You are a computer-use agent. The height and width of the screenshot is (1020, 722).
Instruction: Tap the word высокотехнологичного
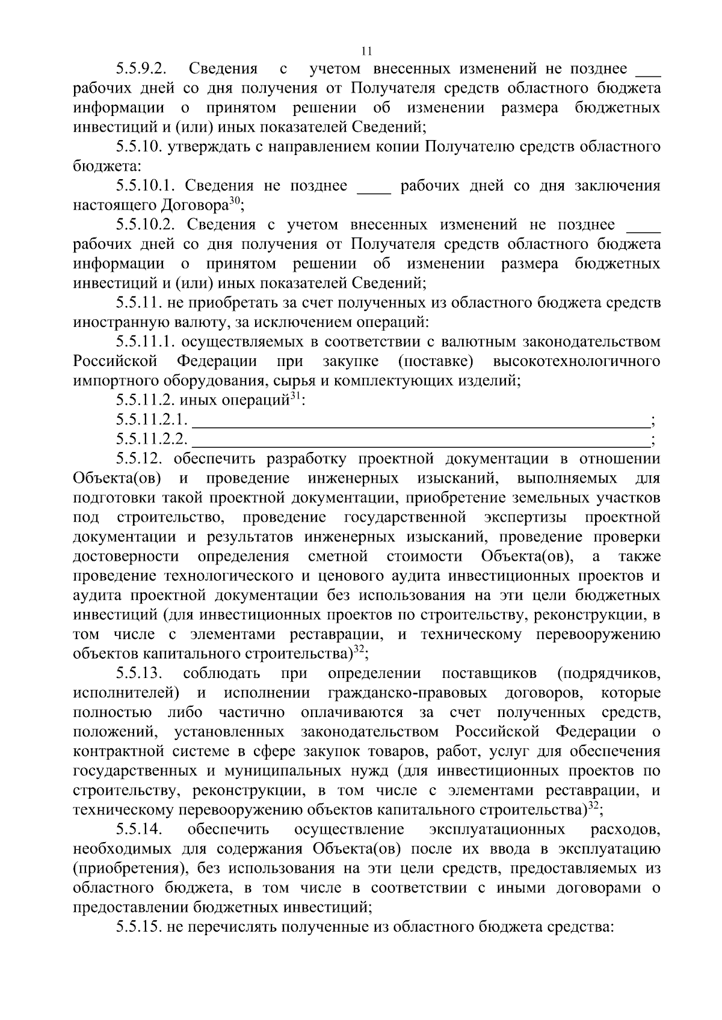(x=576, y=362)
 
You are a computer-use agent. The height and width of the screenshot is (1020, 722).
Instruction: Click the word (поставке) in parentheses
(x=436, y=362)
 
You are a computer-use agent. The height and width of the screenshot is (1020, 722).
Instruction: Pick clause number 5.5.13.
(x=140, y=673)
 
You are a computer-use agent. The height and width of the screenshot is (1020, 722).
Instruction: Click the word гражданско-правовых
(x=407, y=693)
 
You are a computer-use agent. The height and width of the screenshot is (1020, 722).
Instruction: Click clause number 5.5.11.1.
(x=146, y=342)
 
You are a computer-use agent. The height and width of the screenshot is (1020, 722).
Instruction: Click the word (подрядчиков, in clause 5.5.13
(x=609, y=673)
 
